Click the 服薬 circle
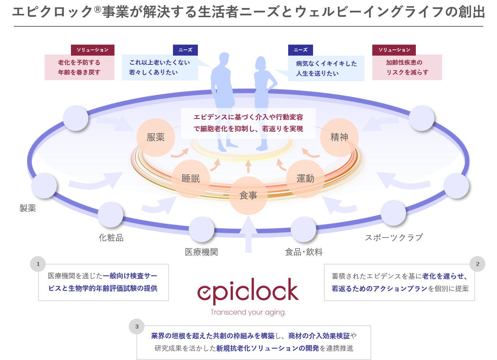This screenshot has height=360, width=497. pos(155,137)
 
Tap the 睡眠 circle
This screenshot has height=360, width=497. pos(191,179)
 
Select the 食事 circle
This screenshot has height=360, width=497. pos(248,195)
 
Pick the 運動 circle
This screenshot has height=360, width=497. pos(305,179)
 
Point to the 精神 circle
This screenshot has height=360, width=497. pos(339,137)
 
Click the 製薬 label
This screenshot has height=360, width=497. pos(28,208)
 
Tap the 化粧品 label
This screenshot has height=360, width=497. pos(111,238)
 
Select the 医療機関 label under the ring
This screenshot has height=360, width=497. pos(202,252)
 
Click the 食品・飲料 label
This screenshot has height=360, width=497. pos(304,252)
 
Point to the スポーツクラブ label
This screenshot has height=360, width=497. pos(394,237)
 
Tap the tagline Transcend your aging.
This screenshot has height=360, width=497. pos(248,312)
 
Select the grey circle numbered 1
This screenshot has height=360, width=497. pos(38,264)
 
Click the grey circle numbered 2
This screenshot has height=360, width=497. pos(477,264)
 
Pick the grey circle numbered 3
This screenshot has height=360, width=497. pos(137,326)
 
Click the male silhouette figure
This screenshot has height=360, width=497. pos(222,99)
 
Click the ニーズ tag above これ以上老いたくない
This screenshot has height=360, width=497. pos(185,50)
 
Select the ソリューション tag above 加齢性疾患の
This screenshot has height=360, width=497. pos(394,50)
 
